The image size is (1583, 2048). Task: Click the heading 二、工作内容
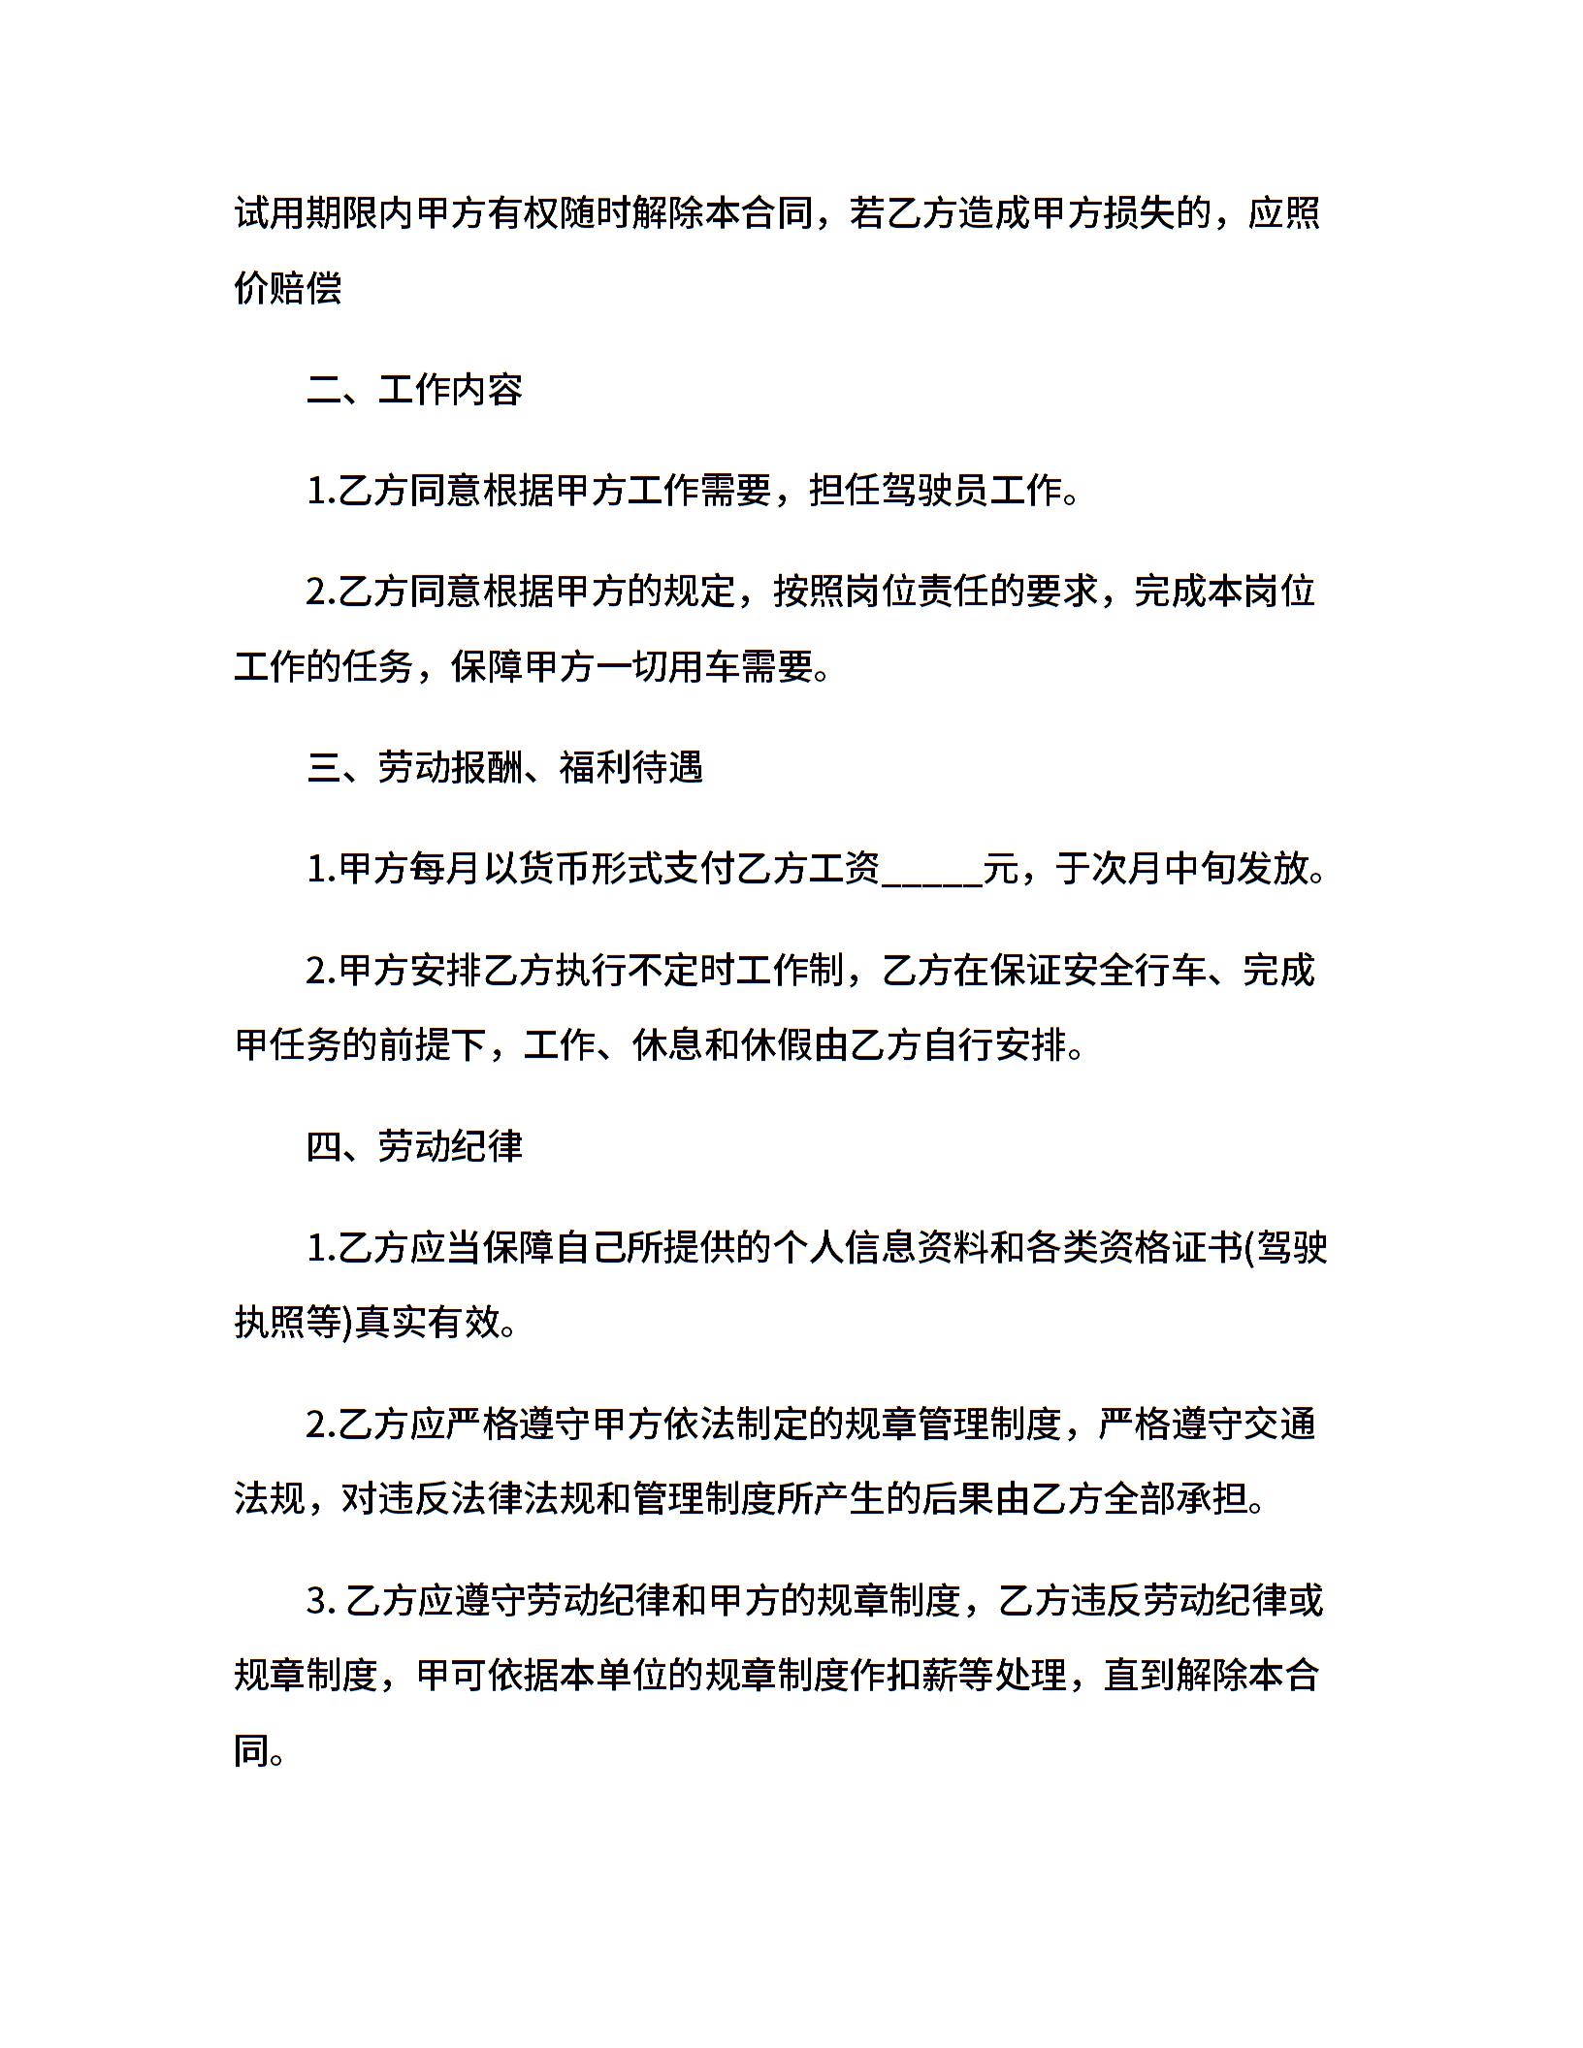tap(415, 390)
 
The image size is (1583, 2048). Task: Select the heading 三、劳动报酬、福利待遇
tap(505, 768)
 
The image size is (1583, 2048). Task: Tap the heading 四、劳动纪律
tap(415, 1146)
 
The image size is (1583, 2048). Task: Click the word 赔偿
tap(307, 289)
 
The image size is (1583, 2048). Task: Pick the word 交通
tap(1279, 1424)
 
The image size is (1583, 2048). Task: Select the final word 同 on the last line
tap(251, 1751)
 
